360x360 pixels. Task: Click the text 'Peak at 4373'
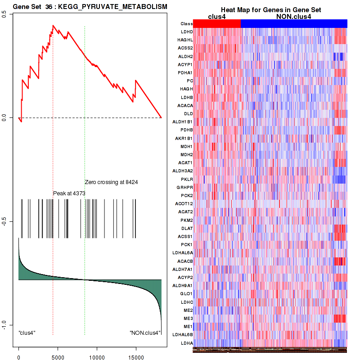pos(69,193)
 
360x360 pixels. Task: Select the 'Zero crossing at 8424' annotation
pos(111,182)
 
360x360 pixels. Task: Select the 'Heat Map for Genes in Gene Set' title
pos(270,10)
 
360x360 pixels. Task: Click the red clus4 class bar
pos(217,23)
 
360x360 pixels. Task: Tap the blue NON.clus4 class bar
pos(294,23)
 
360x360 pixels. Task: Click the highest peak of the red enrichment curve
pos(53,26)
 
